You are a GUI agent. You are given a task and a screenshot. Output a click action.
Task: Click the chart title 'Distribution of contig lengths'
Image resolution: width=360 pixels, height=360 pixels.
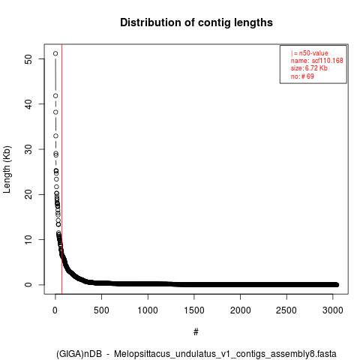tap(196, 22)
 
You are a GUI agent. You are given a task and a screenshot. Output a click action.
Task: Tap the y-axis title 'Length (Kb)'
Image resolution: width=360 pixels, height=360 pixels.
tap(7, 169)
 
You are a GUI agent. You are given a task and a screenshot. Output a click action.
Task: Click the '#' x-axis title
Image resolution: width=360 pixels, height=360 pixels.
tap(196, 332)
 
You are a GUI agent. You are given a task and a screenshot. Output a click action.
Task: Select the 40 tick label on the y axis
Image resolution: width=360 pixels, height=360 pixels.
tap(28, 104)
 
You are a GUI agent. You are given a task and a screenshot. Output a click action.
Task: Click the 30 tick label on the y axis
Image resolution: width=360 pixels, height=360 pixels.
tap(28, 149)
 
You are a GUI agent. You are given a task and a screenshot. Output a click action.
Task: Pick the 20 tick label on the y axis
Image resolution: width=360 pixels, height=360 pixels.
tap(28, 194)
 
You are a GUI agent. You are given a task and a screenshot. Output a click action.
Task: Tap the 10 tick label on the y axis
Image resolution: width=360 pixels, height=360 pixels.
tap(28, 239)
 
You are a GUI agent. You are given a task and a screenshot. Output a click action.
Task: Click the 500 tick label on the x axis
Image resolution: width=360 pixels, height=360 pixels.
tap(101, 310)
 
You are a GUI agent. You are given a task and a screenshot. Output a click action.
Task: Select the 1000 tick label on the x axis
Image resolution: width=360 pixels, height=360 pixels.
tap(148, 310)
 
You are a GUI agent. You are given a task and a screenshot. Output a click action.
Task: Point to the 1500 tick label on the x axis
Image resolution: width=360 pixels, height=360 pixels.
tap(194, 310)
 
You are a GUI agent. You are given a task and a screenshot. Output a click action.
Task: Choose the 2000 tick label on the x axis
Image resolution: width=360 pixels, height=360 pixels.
tap(240, 310)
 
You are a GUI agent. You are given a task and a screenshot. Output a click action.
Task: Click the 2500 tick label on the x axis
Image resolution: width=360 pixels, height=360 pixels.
tap(286, 310)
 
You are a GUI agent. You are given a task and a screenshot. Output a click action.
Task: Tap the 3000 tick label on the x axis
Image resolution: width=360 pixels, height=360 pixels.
tap(333, 310)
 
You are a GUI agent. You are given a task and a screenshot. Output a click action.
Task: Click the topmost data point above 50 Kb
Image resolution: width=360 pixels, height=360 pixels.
tap(55, 53)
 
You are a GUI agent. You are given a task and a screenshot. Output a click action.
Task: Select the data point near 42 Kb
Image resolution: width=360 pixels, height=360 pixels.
tap(55, 96)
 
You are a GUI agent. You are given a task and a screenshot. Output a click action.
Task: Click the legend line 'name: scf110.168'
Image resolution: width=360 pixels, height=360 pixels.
tap(316, 61)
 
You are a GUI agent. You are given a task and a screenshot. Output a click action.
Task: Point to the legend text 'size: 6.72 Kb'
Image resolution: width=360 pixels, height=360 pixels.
tap(309, 68)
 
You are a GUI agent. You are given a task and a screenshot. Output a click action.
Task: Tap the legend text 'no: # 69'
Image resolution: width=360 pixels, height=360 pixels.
tap(302, 76)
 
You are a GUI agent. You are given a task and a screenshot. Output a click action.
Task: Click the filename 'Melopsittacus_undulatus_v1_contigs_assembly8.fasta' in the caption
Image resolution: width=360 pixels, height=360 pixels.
tap(225, 354)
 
